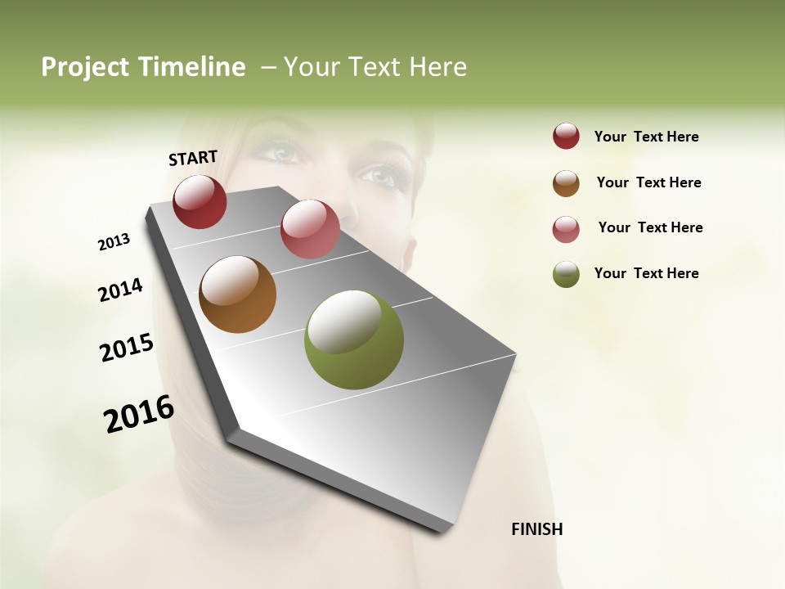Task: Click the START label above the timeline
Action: [x=193, y=158]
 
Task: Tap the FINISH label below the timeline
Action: [x=536, y=529]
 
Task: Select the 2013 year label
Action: [x=114, y=242]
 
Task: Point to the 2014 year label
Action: [x=120, y=290]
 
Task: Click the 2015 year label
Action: [x=127, y=348]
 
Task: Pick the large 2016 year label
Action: [x=139, y=414]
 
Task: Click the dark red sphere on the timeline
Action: [x=200, y=201]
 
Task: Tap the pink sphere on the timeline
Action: [x=310, y=228]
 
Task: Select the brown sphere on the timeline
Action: [x=237, y=294]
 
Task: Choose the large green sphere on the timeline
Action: [x=353, y=339]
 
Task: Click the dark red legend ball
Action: [x=566, y=136]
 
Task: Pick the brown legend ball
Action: [x=566, y=182]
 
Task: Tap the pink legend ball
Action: [x=566, y=228]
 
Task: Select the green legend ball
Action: [x=566, y=274]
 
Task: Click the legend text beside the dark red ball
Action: [x=646, y=137]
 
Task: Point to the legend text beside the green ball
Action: [x=646, y=273]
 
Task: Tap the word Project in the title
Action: [x=86, y=67]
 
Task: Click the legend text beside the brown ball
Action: [x=648, y=182]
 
